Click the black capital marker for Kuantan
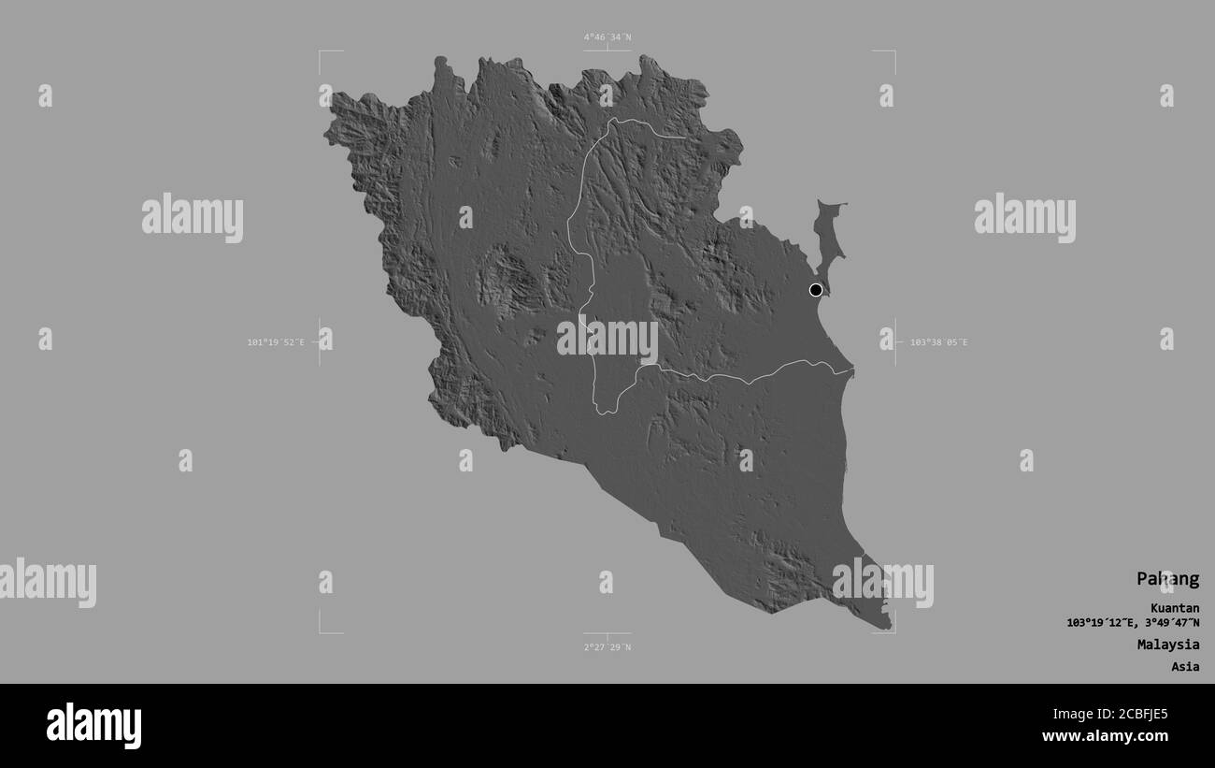[816, 290]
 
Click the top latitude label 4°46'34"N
[607, 37]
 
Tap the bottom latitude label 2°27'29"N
[607, 647]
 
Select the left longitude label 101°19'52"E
[276, 342]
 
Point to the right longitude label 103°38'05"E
[938, 342]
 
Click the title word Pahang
[1167, 579]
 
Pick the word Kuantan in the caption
[1175, 608]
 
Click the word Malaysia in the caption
[1168, 645]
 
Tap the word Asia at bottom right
[1184, 667]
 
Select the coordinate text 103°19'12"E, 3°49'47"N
[1133, 623]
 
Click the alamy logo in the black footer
[93, 726]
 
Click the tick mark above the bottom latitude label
[607, 636]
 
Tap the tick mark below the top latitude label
[607, 48]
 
